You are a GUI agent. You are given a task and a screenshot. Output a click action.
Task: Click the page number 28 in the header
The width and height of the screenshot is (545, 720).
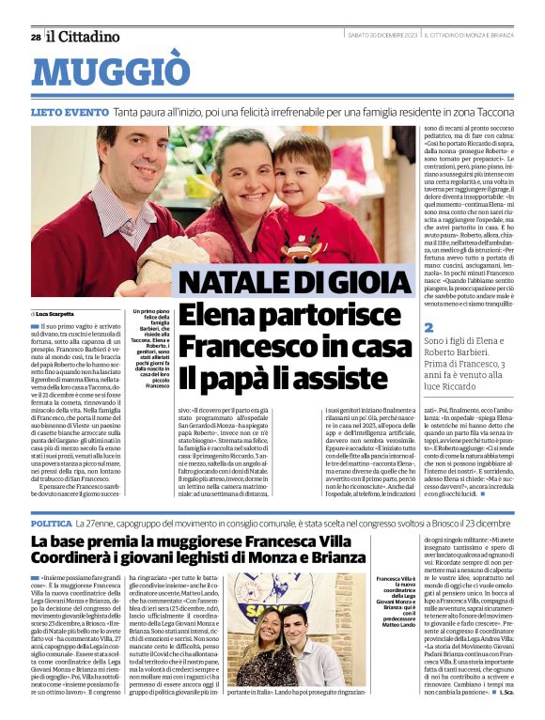(36, 38)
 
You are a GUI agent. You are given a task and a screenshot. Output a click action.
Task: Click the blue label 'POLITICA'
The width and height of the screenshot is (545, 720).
(51, 522)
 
